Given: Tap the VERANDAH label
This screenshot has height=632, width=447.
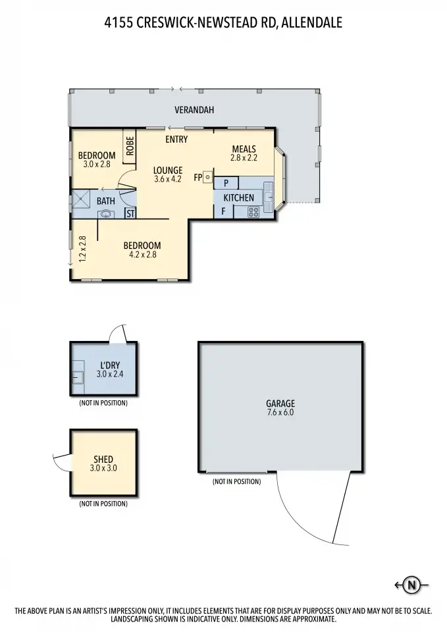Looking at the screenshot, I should pyautogui.click(x=194, y=110).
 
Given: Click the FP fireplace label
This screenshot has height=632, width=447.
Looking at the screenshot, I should pyautogui.click(x=197, y=177).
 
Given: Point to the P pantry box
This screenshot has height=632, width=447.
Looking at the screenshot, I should pyautogui.click(x=226, y=183).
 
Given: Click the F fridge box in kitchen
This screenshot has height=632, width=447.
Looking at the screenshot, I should pyautogui.click(x=224, y=211).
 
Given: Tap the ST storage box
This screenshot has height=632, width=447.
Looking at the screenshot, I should pyautogui.click(x=130, y=213).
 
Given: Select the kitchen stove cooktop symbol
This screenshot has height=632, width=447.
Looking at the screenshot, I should pyautogui.click(x=253, y=212).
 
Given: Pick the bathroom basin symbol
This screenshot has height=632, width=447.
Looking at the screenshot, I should pyautogui.click(x=105, y=213).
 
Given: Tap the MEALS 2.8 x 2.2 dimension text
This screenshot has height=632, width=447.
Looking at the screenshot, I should pyautogui.click(x=244, y=157).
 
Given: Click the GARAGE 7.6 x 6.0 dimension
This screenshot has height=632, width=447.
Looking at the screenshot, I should pyautogui.click(x=280, y=413).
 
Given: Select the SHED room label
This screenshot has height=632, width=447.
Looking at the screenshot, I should pyautogui.click(x=103, y=459).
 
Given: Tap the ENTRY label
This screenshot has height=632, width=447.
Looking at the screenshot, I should pyautogui.click(x=176, y=139).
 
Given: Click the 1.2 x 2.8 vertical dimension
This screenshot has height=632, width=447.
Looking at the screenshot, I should pyautogui.click(x=82, y=250).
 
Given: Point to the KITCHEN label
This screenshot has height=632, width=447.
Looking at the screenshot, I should pyautogui.click(x=238, y=197).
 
